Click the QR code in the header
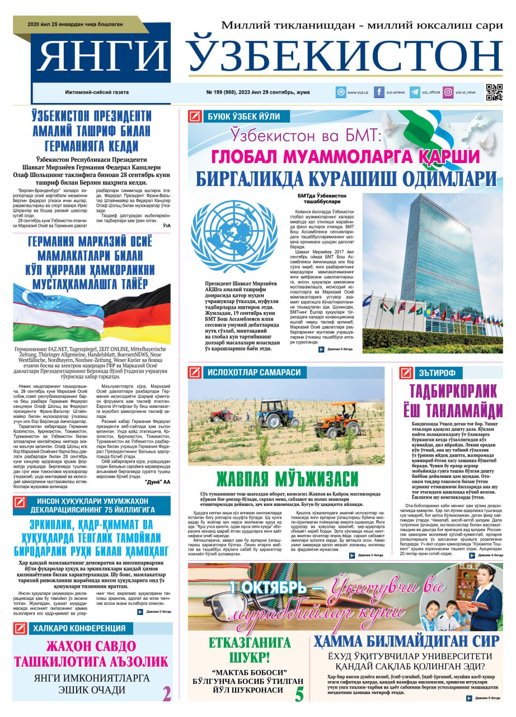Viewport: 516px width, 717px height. (494, 92)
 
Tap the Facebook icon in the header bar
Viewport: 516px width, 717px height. (379, 92)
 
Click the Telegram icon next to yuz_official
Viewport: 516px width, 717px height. (415, 92)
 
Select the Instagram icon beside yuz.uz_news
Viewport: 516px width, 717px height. (448, 92)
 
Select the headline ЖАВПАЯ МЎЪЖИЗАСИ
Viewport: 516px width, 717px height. (287, 479)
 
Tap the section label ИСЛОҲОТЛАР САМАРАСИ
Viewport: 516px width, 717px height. (254, 372)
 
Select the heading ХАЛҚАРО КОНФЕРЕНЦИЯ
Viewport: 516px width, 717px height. (78, 628)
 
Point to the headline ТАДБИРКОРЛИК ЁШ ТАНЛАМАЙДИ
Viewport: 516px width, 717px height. (456, 401)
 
